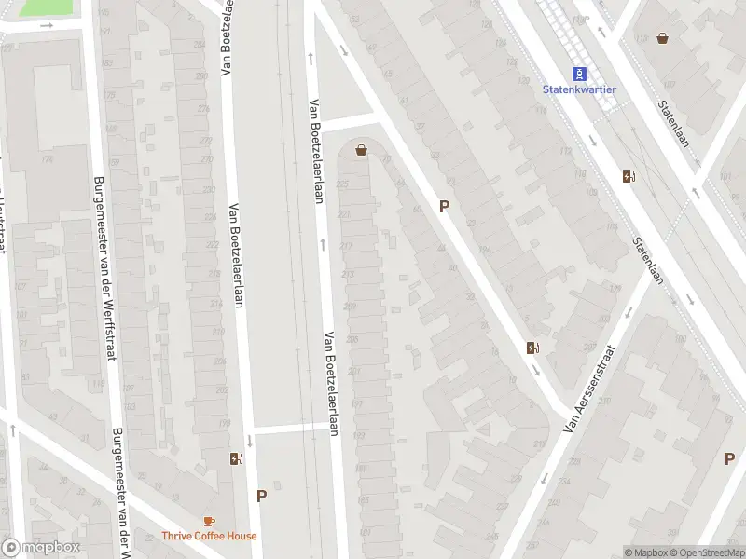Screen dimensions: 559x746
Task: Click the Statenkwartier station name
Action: (x=579, y=89)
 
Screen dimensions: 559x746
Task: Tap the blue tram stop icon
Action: (x=580, y=74)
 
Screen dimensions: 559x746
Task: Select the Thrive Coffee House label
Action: (x=208, y=535)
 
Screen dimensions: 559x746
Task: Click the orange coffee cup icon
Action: (x=208, y=521)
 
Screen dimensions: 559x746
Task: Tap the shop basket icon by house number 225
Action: (x=361, y=150)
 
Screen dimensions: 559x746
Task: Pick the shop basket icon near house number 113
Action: (x=662, y=38)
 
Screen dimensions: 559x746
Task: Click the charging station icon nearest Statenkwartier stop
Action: (x=629, y=176)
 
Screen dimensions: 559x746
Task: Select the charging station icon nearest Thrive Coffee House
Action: (x=236, y=458)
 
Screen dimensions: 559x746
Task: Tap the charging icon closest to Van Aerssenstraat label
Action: (x=532, y=348)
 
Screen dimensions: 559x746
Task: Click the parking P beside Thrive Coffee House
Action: (x=261, y=497)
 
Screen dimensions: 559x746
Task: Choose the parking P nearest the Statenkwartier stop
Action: (x=445, y=207)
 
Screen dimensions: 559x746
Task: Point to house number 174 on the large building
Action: (x=46, y=159)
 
